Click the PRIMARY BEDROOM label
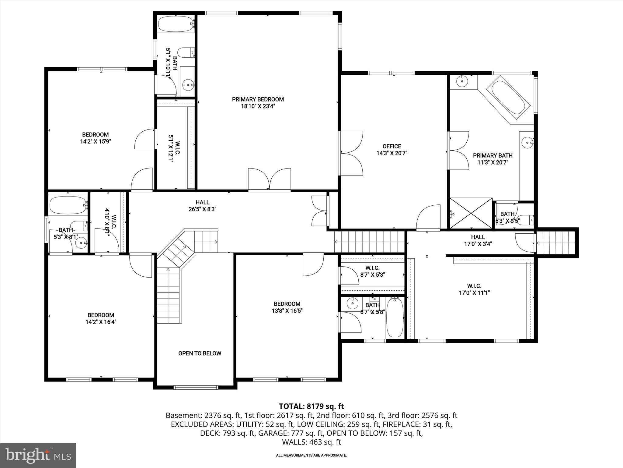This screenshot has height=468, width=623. point(258,99)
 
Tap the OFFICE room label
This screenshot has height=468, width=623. point(392,146)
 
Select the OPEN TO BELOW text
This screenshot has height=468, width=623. point(200,353)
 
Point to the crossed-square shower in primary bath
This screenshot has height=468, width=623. point(471,213)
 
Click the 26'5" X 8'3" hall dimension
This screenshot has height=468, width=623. point(202,209)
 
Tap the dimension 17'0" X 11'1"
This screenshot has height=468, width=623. point(474,293)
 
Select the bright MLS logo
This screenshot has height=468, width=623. point(38,456)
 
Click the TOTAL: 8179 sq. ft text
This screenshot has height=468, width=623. point(311,406)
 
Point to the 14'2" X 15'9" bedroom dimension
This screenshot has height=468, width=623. point(95,142)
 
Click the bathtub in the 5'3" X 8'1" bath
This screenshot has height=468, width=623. point(68,205)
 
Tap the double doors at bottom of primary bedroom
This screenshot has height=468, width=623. point(270,180)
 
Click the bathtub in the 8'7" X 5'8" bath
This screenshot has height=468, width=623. point(395,318)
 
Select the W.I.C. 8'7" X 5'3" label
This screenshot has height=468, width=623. point(372,271)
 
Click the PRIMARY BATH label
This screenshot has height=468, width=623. point(492,156)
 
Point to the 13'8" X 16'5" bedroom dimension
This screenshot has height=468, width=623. point(287,311)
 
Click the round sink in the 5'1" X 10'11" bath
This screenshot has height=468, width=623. point(189,85)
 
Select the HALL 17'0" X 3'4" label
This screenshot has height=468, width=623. point(478,240)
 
